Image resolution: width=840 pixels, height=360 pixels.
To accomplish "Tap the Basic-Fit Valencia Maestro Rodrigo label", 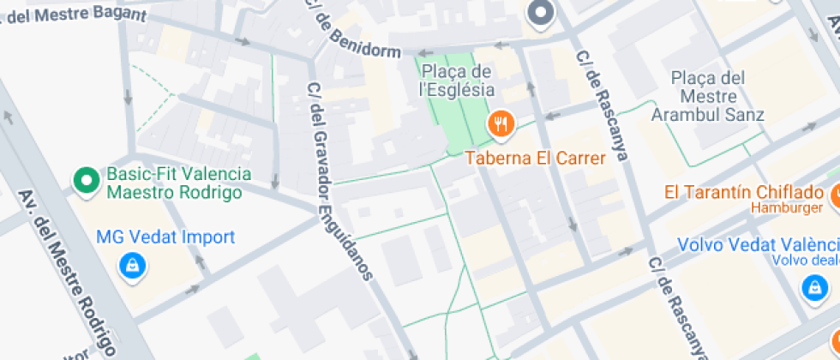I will click(x=179, y=183).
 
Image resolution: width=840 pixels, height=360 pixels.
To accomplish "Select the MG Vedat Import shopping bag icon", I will click(x=133, y=264).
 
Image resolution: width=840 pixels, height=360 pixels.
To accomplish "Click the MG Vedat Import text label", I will click(x=165, y=237).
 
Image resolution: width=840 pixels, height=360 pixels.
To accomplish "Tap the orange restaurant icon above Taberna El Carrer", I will click(x=501, y=125).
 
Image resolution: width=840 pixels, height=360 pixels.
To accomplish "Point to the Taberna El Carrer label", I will click(x=536, y=158).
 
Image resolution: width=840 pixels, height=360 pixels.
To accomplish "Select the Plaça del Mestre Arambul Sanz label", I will click(x=707, y=95).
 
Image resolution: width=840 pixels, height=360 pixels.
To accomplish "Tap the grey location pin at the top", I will click(x=541, y=14).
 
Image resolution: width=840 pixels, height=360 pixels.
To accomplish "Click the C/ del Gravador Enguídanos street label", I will click(x=340, y=181).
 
